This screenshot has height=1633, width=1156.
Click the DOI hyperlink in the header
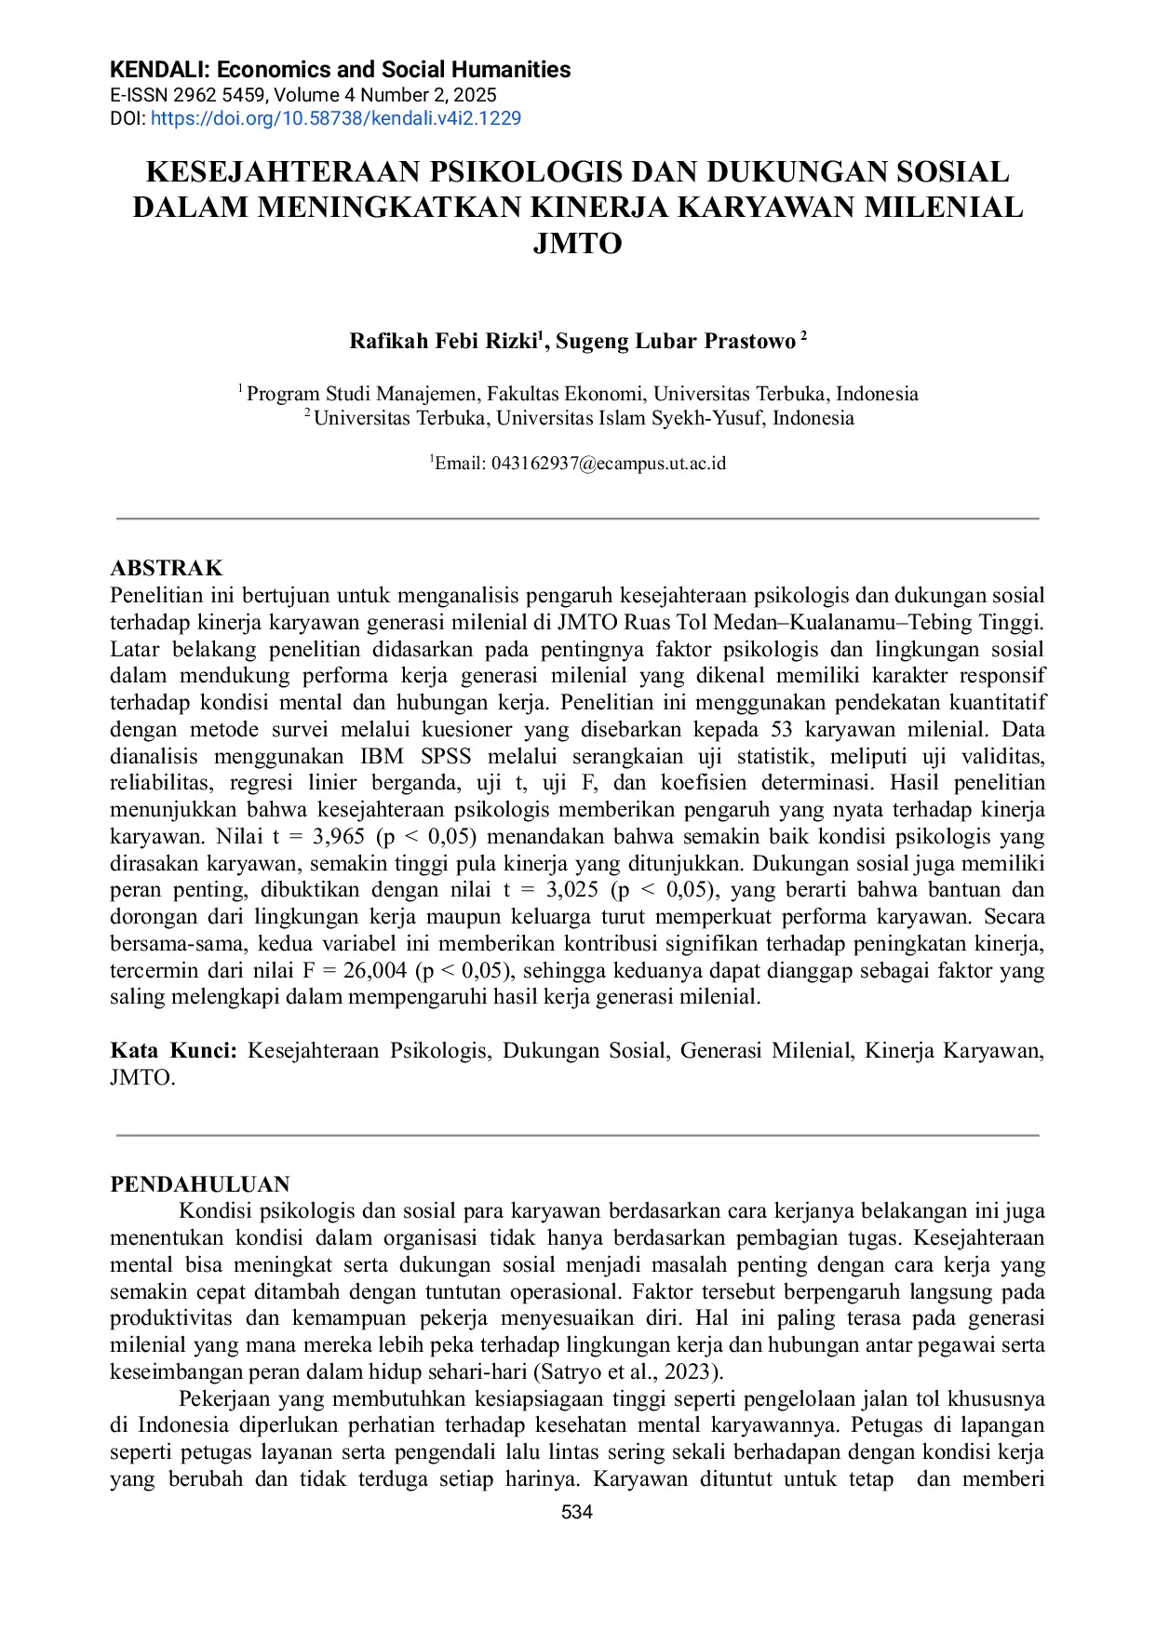336,118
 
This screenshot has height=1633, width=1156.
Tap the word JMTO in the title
577,243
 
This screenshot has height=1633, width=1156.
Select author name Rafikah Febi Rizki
443,342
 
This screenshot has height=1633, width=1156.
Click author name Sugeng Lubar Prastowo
676,342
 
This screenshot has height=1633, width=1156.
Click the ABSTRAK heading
167,568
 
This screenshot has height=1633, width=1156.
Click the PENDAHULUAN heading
200,1184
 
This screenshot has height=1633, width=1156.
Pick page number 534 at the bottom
577,1512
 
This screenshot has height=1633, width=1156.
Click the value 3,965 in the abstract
339,836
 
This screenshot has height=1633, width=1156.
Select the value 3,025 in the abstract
572,890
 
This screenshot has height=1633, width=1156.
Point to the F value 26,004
375,971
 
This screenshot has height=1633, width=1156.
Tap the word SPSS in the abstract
446,756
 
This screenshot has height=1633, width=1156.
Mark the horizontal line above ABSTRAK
577,519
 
